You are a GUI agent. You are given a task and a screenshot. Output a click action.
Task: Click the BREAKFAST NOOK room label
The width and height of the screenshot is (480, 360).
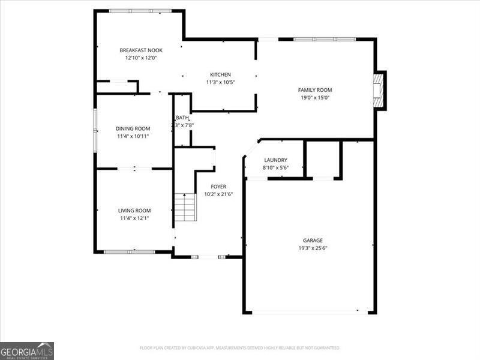coord(140,50)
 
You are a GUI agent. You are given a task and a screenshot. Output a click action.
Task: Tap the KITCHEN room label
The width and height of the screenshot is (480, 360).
coord(220,74)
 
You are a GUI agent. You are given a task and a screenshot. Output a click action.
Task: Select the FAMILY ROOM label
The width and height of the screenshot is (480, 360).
coord(315,90)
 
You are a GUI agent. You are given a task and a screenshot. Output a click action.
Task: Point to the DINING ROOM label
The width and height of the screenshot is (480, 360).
coord(133,128)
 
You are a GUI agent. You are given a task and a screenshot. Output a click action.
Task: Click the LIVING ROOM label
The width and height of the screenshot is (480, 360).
coord(134,211)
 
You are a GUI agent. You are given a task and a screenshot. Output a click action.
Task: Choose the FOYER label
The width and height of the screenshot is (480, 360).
coord(218,187)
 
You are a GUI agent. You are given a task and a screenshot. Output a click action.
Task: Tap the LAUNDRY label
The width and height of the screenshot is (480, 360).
coord(275,160)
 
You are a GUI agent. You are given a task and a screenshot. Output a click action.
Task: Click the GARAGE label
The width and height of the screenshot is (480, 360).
coord(313,240)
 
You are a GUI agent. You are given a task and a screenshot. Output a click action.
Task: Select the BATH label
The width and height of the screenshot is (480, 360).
coord(182,118)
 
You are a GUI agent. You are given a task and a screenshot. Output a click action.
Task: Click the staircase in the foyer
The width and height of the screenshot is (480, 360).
coord(185,207)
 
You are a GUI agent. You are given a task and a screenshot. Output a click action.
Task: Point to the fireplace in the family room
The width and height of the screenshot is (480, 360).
coord(378,91)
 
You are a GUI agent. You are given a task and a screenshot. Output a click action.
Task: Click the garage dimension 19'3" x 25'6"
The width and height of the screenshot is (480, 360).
coord(313,248)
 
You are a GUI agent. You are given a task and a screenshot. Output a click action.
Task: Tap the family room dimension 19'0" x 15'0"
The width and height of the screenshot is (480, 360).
coord(315,98)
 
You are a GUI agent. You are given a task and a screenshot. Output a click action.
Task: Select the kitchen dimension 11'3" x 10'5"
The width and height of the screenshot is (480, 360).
coord(220,82)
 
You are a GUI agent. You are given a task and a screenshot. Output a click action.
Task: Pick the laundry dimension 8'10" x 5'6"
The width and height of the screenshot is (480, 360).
coord(275,167)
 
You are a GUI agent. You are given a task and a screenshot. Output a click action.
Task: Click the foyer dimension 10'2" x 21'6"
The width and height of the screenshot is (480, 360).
coord(218,194)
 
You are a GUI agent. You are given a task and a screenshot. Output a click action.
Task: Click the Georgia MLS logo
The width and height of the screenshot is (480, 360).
coord(27,350)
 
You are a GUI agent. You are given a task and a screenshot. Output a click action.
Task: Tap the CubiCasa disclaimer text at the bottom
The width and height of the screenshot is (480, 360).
coord(240,348)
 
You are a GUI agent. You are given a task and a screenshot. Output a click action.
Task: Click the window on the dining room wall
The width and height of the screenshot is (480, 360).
coord(94,128)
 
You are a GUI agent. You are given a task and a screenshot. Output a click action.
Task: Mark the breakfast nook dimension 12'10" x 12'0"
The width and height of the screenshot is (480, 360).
coord(140,58)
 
